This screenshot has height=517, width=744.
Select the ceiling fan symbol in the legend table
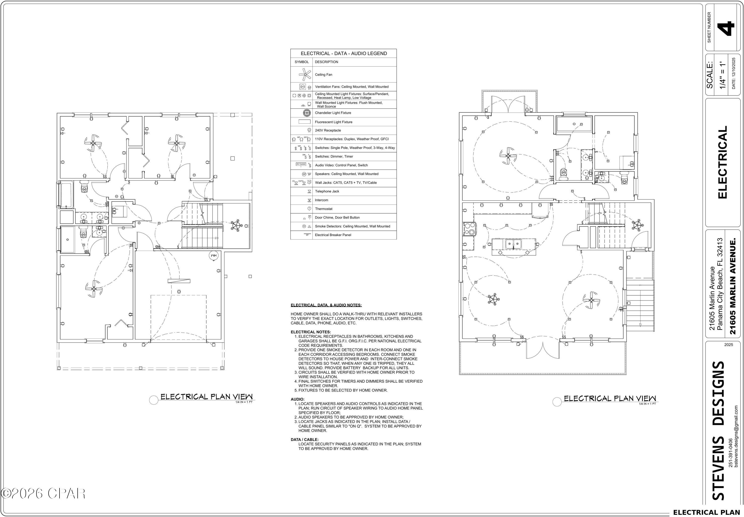[305, 74]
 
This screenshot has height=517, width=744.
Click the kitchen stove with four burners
[469, 228]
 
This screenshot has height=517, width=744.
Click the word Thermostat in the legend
[323, 209]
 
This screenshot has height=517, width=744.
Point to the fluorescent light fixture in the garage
[179, 281]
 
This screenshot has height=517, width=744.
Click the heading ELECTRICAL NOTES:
[310, 332]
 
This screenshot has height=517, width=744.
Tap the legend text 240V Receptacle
[328, 130]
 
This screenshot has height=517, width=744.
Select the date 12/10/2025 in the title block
[733, 73]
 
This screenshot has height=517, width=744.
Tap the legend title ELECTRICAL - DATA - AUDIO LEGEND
[343, 53]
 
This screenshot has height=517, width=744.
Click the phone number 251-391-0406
[730, 457]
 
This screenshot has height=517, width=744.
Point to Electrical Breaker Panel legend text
[333, 235]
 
